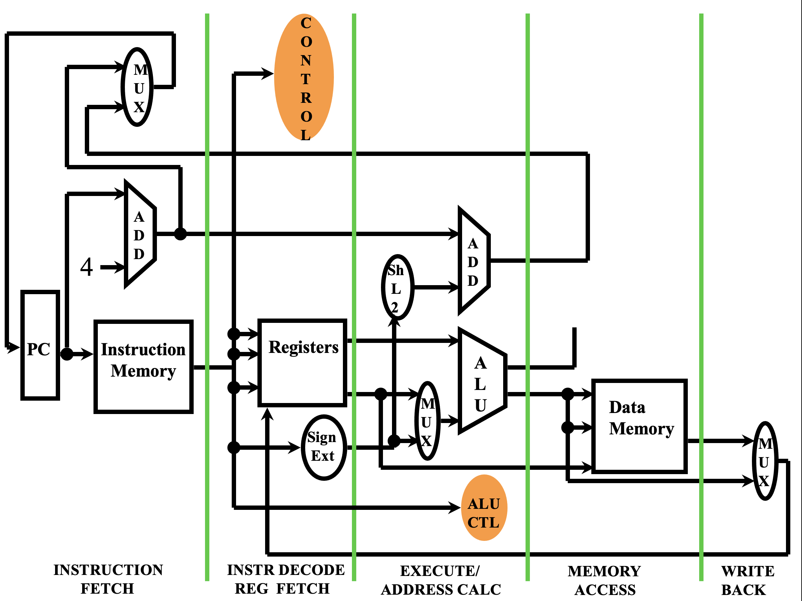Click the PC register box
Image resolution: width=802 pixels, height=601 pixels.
(40, 345)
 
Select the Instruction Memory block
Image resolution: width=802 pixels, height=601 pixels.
(143, 367)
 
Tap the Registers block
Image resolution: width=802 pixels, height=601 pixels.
(303, 363)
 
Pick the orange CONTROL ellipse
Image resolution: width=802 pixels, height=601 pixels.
(304, 77)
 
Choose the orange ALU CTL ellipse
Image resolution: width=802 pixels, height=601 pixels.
(484, 508)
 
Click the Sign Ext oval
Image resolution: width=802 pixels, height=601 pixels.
(324, 447)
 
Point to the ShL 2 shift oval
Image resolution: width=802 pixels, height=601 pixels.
(397, 287)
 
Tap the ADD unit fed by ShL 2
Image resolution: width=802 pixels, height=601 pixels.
(473, 261)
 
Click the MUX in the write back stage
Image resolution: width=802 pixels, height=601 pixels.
(765, 461)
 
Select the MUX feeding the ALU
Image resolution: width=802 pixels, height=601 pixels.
(427, 421)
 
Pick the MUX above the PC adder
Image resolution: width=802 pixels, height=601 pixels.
(137, 87)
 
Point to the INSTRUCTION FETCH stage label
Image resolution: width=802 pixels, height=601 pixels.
(108, 579)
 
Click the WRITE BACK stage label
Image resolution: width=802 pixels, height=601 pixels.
(747, 580)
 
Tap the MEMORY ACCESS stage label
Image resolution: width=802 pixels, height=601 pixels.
(605, 580)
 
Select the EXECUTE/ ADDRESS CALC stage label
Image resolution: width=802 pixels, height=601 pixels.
(440, 580)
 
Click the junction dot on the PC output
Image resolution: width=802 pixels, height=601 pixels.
(67, 354)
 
